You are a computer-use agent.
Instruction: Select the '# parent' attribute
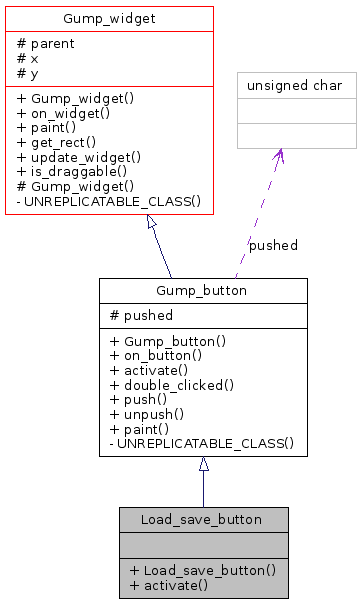coord(46,43)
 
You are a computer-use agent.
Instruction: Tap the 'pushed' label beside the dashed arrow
coord(273,245)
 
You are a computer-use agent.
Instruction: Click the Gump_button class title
coord(202,291)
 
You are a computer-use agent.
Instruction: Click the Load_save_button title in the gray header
coord(202,519)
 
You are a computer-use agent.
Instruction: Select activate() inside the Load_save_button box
coord(168,584)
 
